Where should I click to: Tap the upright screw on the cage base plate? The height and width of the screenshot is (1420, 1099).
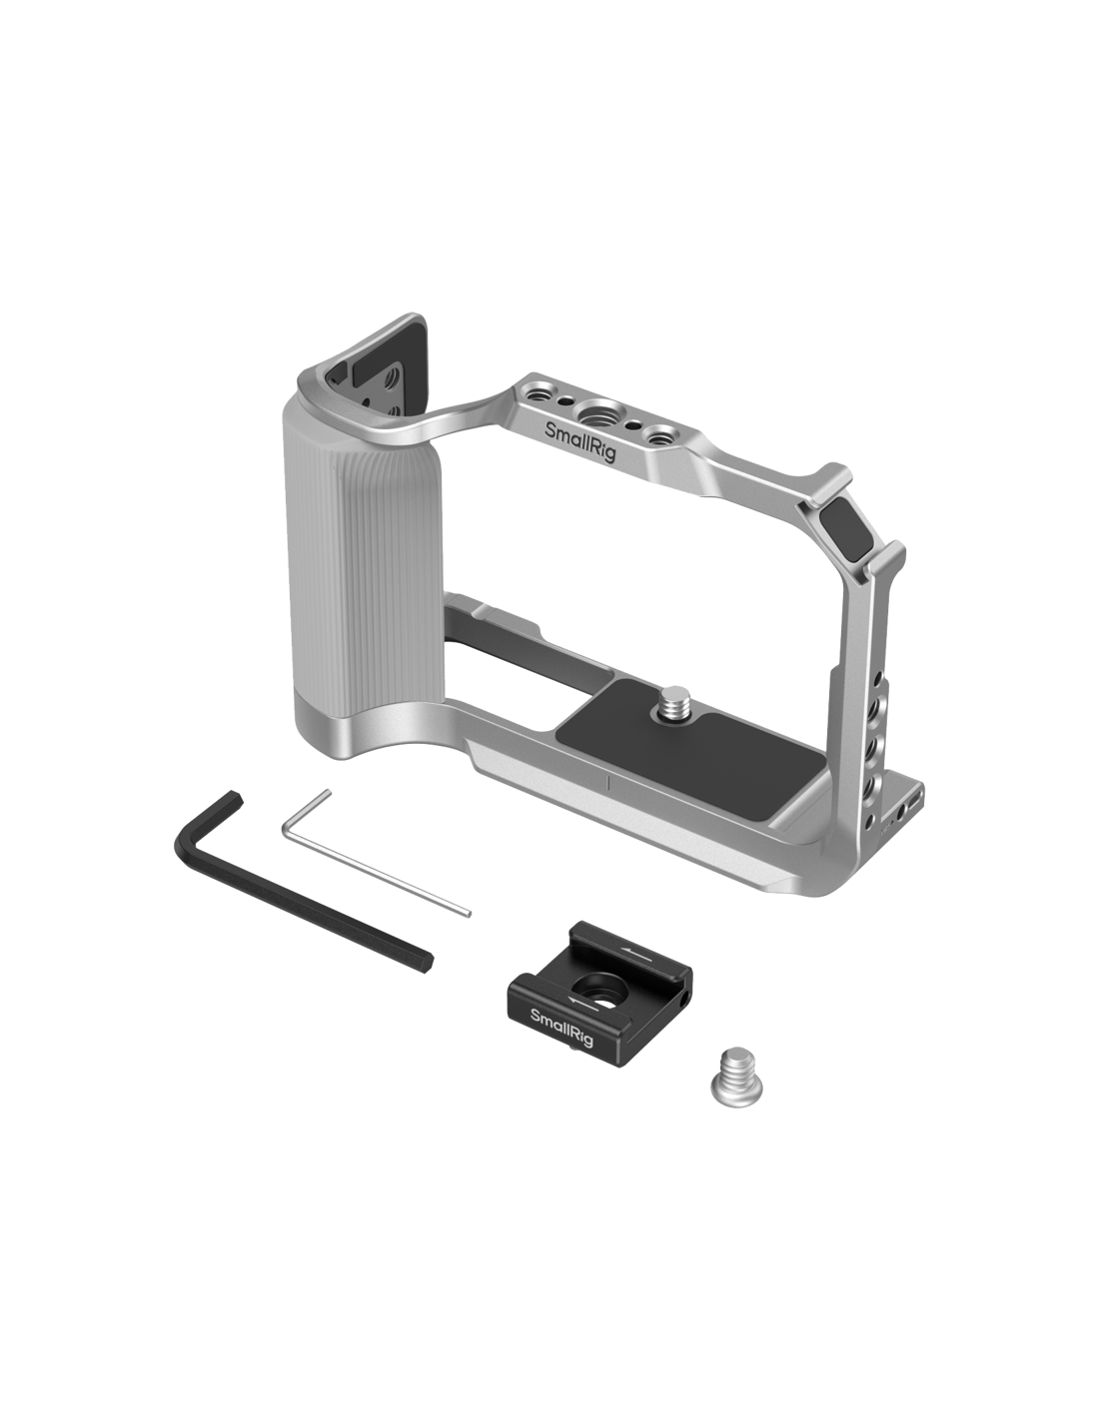tap(676, 701)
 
